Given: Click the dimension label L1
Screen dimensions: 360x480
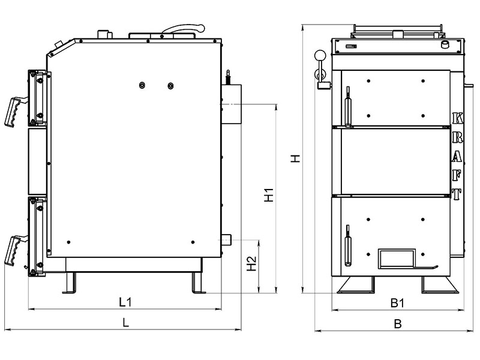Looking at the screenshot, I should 125,302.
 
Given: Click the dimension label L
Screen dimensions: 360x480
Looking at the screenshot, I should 125,322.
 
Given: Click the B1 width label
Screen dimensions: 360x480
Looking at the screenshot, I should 397,304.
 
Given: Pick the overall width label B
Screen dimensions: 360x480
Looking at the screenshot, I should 397,323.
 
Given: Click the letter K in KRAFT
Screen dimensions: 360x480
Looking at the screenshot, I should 457,118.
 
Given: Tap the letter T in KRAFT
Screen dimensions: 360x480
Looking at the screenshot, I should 457,194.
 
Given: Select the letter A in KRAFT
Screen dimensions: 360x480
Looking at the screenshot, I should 457,156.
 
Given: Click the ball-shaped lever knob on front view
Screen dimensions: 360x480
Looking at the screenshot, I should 319,56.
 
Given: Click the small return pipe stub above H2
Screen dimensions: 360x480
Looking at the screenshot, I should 228,239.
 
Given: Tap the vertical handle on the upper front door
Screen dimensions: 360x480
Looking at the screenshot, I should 347,107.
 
